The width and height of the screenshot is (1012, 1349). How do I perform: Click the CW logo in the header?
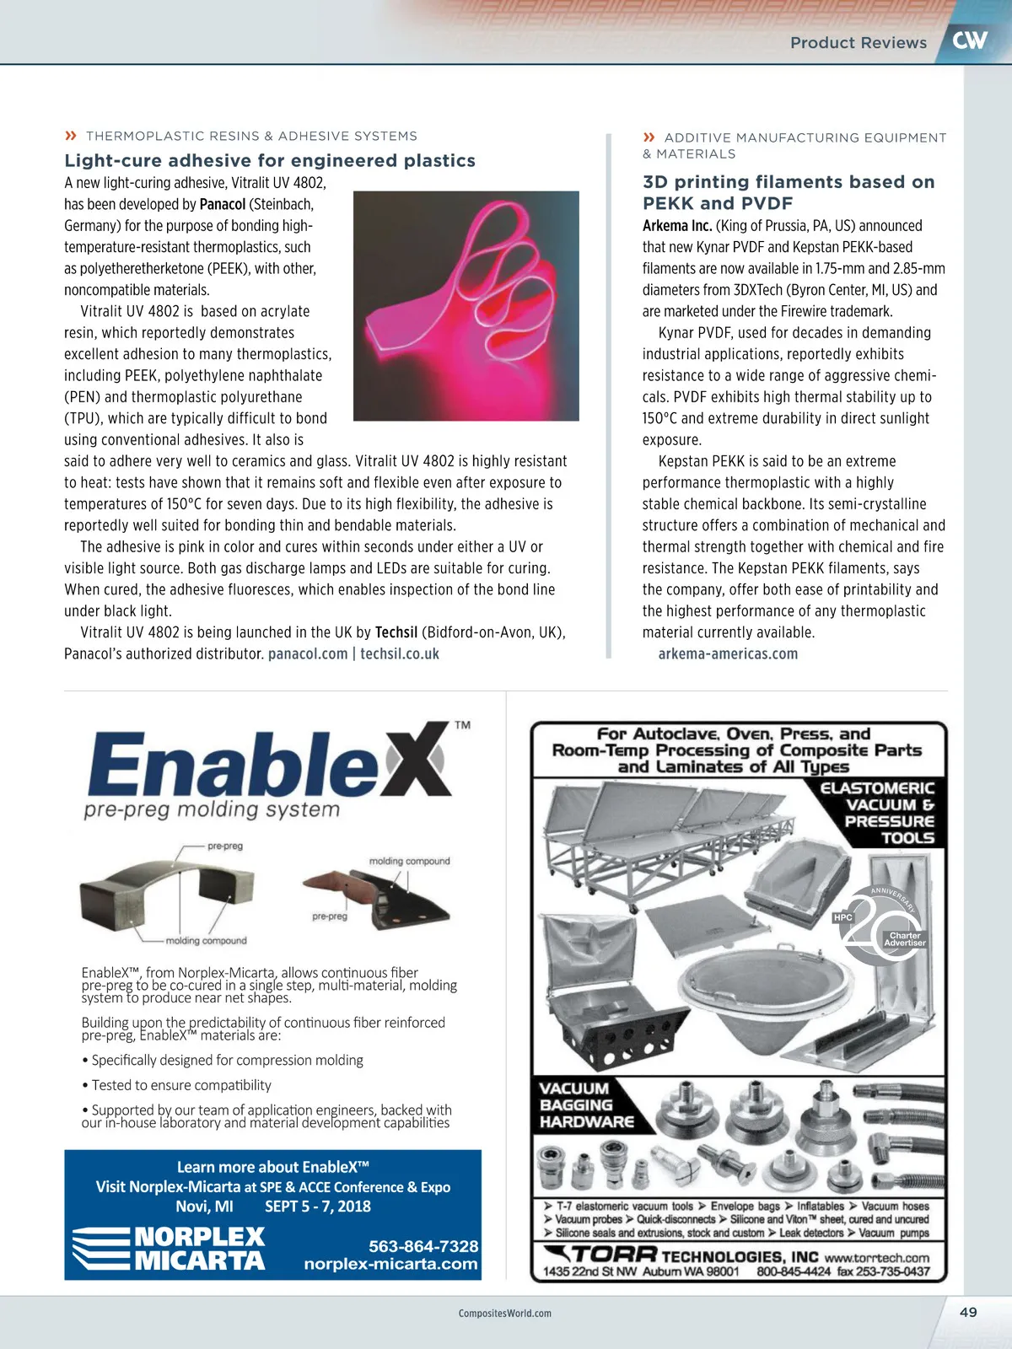pos(969,40)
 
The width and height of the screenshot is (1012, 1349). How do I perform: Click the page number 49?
pos(968,1312)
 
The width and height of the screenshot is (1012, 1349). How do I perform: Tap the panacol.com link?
pos(308,653)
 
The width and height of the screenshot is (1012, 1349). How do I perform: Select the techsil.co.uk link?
pos(400,653)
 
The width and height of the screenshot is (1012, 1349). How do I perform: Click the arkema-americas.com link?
pos(728,653)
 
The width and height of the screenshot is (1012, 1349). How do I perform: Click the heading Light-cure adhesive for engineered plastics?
pos(270,160)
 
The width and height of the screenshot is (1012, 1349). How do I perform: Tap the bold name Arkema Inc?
pos(677,225)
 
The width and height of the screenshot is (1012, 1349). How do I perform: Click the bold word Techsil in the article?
pos(396,632)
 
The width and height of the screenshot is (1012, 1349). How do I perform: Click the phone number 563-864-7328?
pos(423,1246)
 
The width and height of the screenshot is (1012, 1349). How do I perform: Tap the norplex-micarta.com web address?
pos(391,1263)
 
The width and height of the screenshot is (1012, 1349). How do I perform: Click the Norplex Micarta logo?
pos(169,1249)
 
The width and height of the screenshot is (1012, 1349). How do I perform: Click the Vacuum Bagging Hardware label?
pos(587,1105)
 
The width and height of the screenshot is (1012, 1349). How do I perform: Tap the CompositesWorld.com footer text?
pos(505,1313)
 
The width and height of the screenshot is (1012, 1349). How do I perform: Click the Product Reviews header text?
pos(859,42)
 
